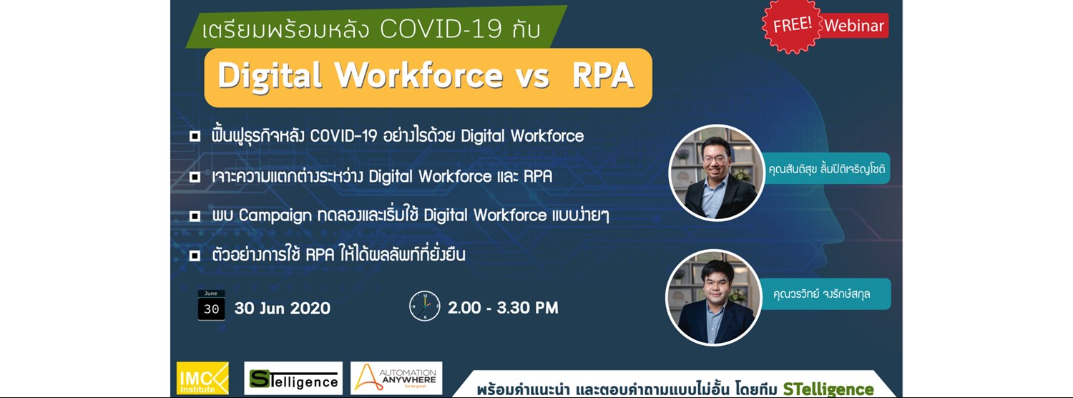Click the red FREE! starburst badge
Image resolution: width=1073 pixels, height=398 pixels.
(x=792, y=25)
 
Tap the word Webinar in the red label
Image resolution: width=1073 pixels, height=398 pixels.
(x=854, y=26)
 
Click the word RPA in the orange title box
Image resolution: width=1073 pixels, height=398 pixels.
(x=603, y=77)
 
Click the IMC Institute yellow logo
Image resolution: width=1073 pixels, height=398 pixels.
(x=202, y=379)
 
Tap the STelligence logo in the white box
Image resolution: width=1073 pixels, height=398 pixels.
(x=293, y=379)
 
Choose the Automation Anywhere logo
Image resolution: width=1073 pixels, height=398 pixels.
(x=396, y=379)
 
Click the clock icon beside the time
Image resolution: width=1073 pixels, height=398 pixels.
(x=424, y=306)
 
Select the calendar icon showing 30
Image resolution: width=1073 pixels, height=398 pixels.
(x=211, y=306)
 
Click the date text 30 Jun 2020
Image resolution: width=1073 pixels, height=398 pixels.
(x=283, y=309)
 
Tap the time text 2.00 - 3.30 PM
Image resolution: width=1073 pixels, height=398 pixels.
(x=503, y=309)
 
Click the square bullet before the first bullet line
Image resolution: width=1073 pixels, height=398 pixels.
(x=195, y=136)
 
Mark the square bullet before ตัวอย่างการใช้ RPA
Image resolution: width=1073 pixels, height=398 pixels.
(x=195, y=255)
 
